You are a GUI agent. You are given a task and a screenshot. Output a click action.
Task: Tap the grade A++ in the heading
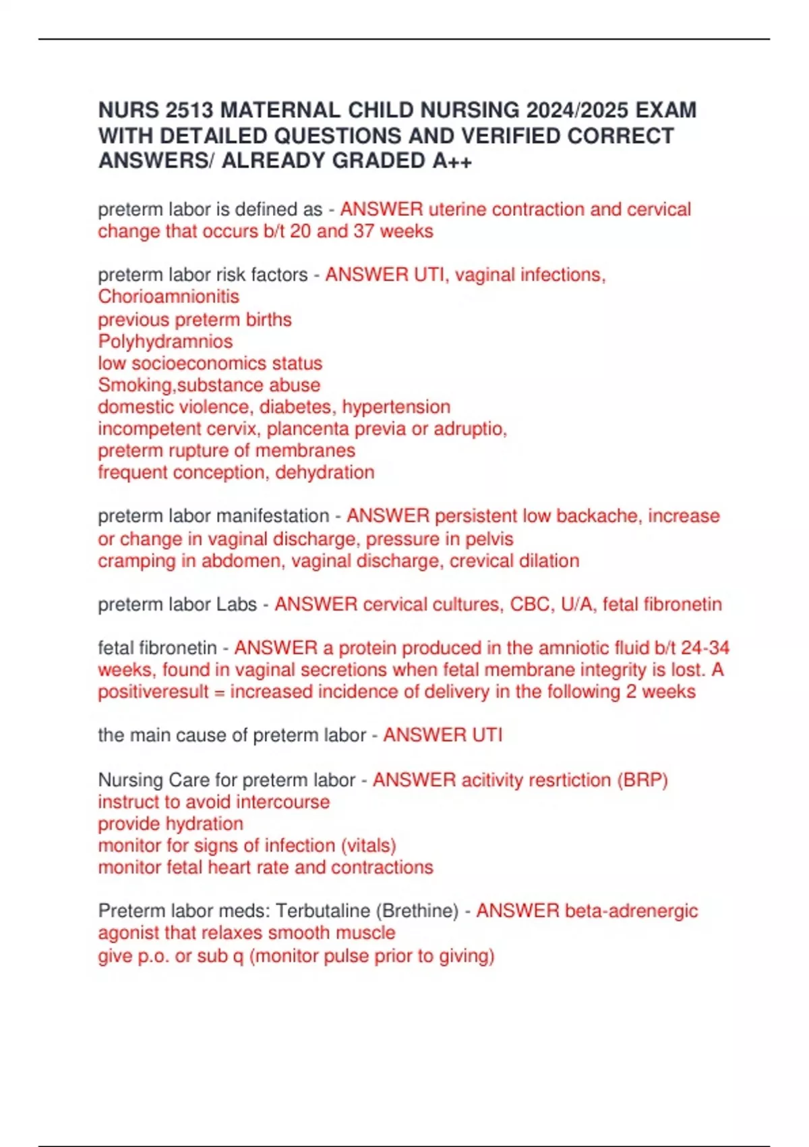click(x=452, y=161)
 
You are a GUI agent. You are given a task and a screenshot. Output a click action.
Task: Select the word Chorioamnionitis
click(x=169, y=297)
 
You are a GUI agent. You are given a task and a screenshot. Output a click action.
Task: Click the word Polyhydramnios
click(x=165, y=341)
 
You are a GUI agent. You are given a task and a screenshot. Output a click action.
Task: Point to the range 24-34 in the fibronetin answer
click(x=705, y=648)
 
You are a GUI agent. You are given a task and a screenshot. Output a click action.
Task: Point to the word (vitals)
click(x=369, y=845)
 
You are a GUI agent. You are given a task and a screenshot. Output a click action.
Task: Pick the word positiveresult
click(x=153, y=692)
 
